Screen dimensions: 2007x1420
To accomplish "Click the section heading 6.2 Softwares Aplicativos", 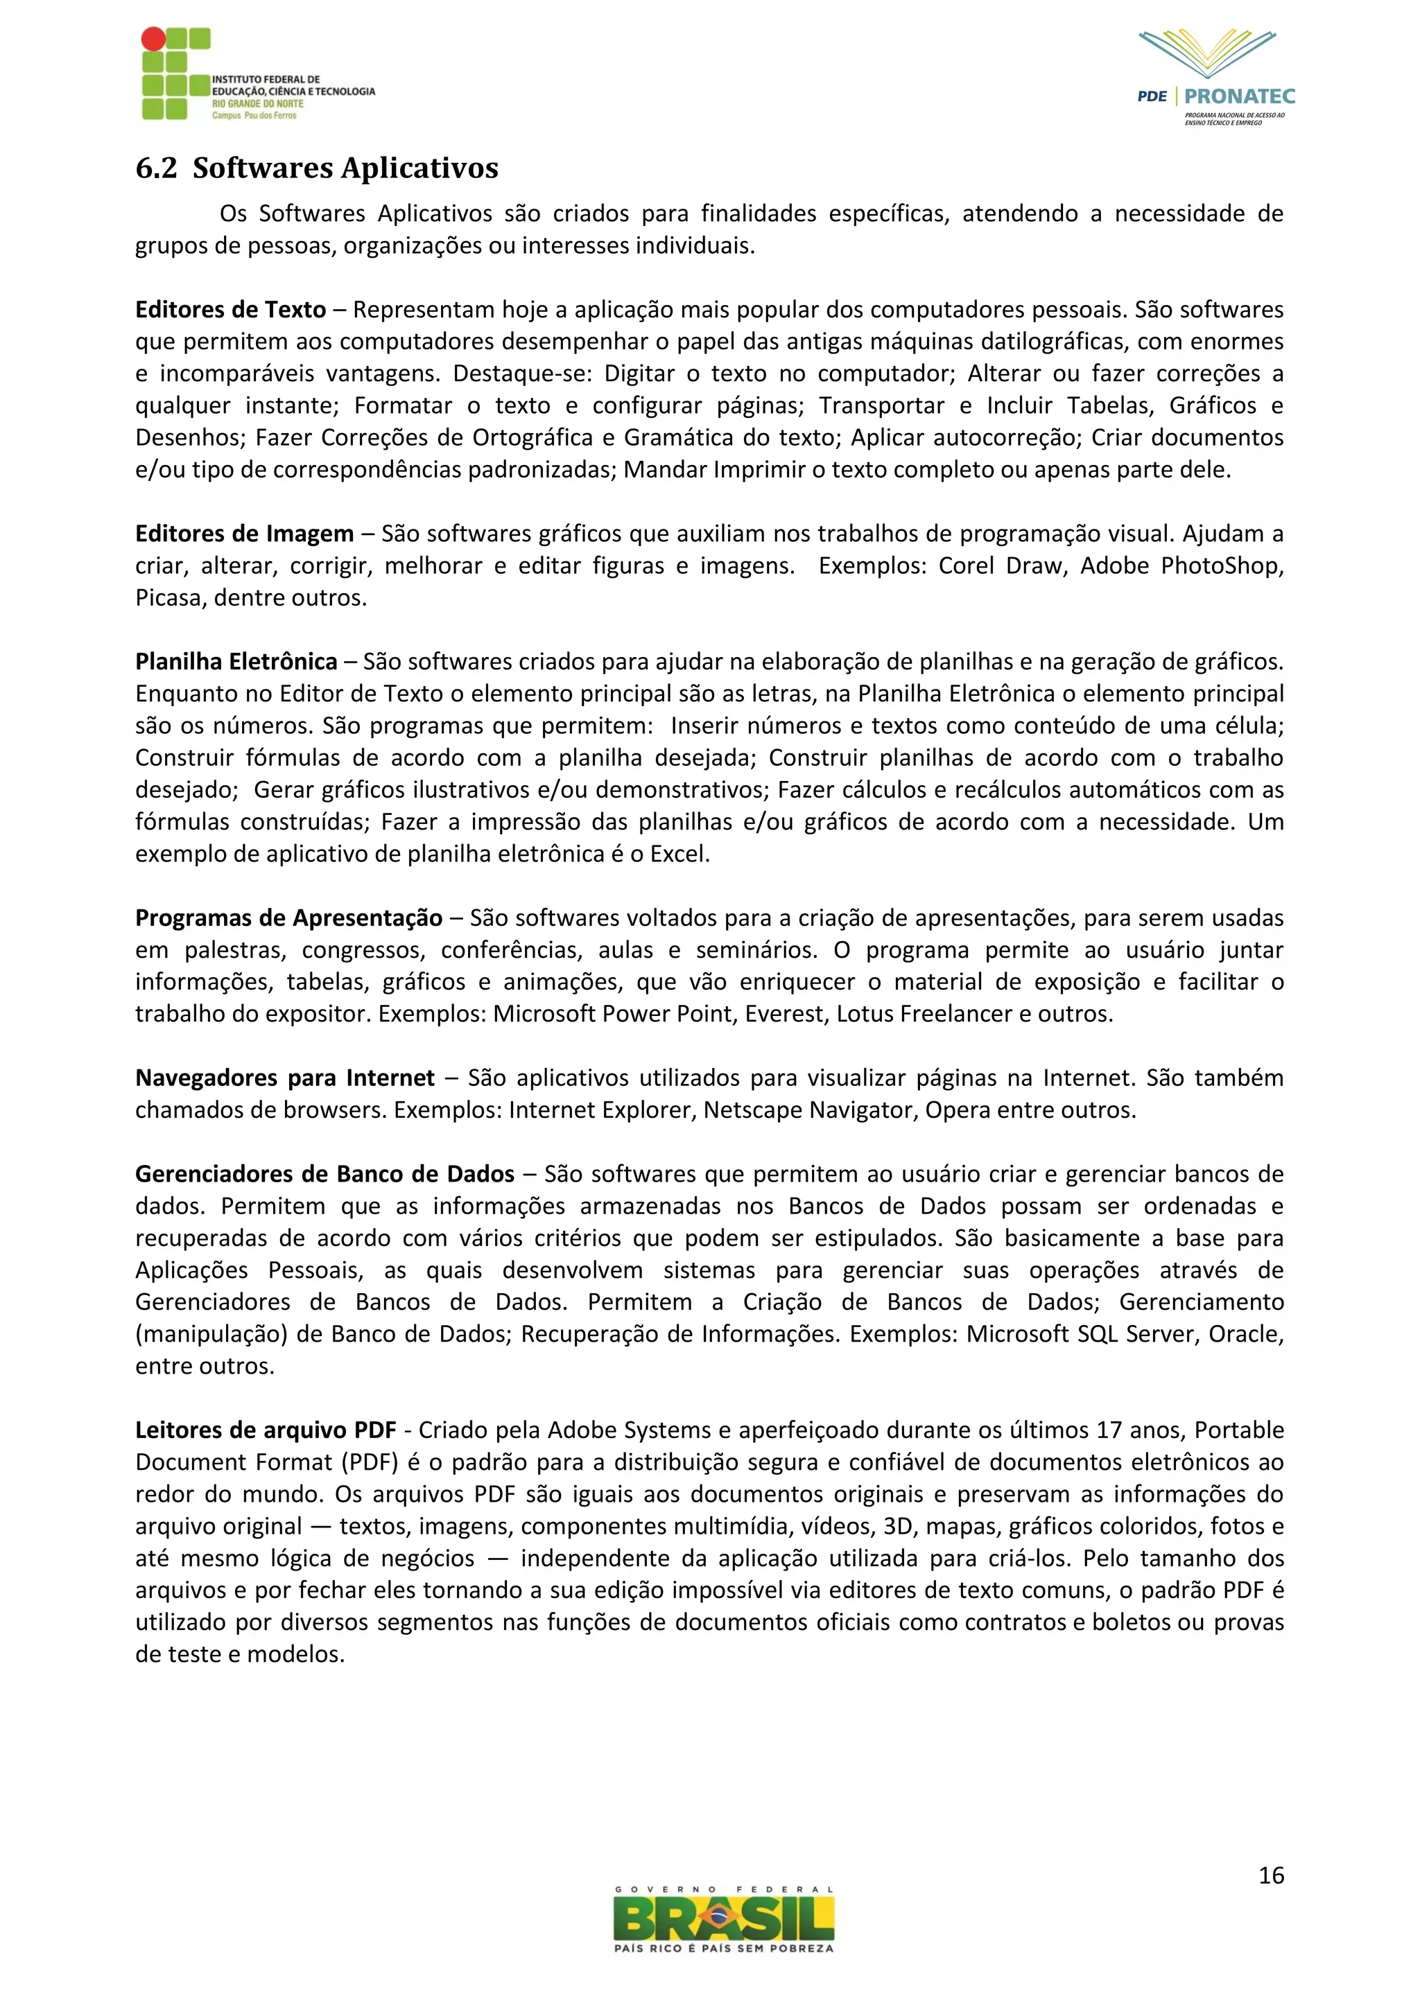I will [317, 168].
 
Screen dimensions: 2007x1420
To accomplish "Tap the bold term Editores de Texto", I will [230, 310].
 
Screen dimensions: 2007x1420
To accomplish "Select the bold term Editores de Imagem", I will [244, 533].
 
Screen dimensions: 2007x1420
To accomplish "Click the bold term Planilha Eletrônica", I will [236, 662].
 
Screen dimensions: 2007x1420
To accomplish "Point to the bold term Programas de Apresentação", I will [288, 918].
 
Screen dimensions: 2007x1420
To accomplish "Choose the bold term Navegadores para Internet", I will [284, 1078].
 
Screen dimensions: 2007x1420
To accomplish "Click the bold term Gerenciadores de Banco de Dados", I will [324, 1174].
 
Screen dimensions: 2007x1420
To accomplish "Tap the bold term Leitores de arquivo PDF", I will [266, 1430].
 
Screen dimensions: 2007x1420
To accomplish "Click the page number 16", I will [1270, 1875].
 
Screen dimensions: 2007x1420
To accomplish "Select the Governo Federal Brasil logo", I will [724, 1920].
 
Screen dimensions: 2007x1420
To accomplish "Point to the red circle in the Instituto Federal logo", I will [153, 38].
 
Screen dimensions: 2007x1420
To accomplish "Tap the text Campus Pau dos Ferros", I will [254, 115].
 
